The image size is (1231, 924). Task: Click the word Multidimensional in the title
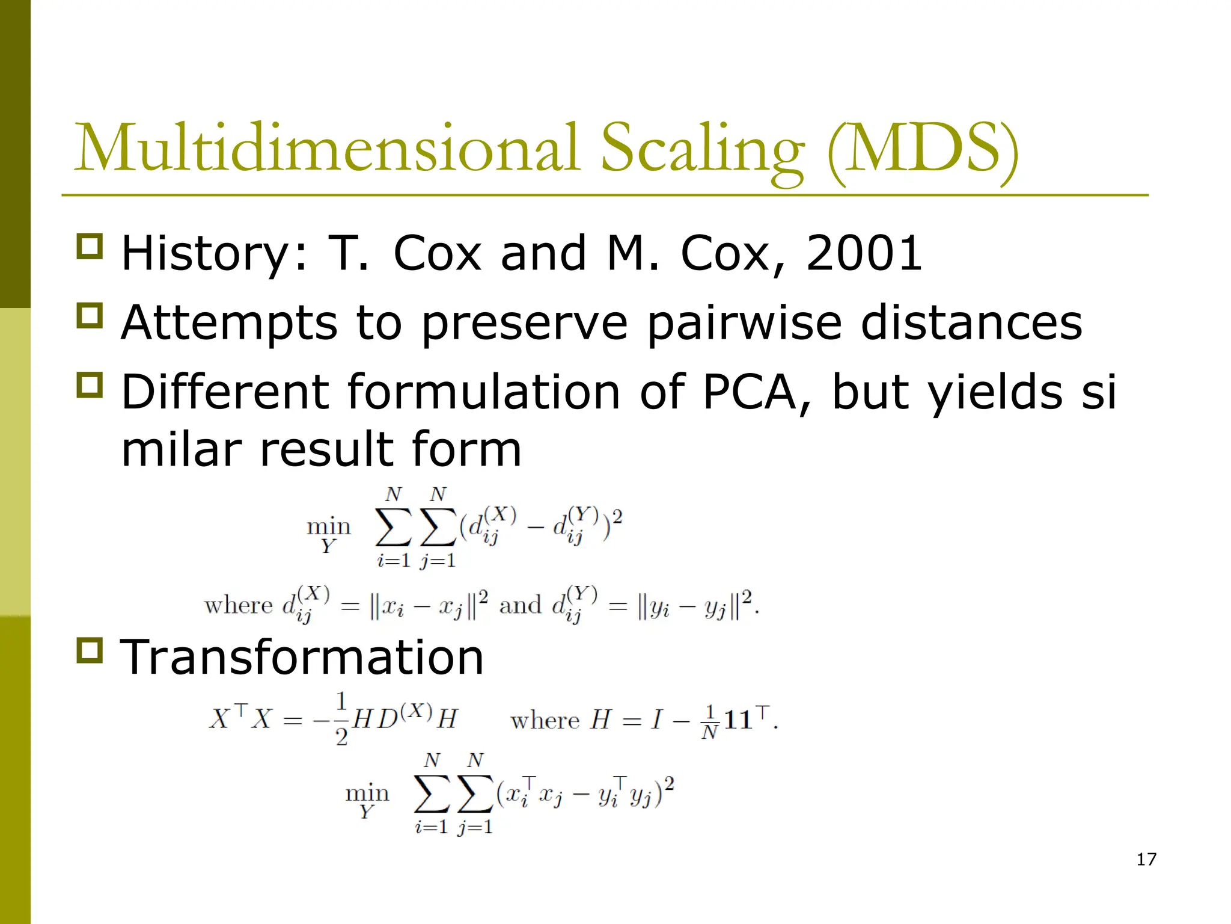pos(328,148)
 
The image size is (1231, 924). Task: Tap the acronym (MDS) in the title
pos(923,149)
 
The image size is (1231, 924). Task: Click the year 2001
pos(864,253)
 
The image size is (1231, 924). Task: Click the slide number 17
pos(1146,859)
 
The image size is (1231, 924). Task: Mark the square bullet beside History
pos(90,247)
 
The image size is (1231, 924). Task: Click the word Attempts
pos(229,324)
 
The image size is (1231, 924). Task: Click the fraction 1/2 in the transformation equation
pos(341,719)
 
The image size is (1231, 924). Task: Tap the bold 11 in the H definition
pos(738,720)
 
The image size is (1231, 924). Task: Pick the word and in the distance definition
pos(520,605)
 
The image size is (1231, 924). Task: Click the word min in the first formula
pos(328,527)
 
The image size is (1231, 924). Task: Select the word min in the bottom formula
pos(367,793)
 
